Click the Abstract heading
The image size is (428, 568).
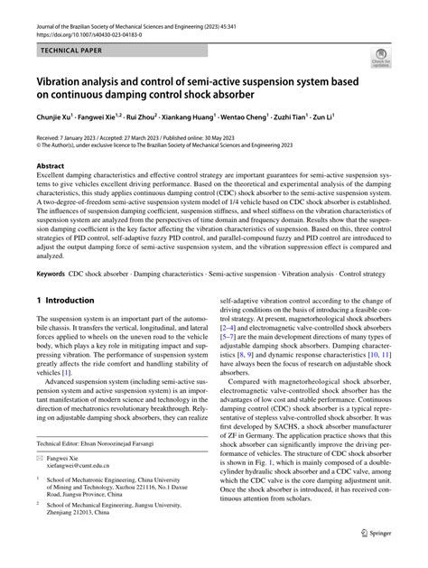[x=50, y=166]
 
